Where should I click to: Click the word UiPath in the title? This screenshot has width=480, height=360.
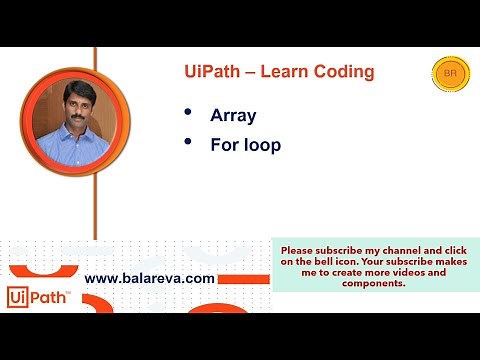[212, 72]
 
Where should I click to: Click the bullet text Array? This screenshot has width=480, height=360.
[233, 115]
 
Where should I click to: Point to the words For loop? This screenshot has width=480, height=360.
[245, 145]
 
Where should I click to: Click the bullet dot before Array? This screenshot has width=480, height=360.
[189, 114]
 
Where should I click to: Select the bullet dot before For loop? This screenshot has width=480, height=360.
[189, 144]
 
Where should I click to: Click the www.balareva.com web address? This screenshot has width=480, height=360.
[150, 278]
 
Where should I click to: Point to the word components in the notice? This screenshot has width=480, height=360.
[373, 283]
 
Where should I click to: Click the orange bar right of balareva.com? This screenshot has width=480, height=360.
[244, 278]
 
